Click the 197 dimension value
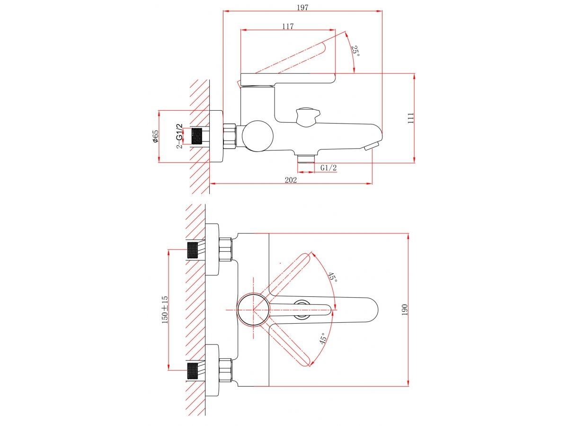[x=302, y=8]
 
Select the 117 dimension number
[x=288, y=27]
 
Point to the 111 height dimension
[x=411, y=118]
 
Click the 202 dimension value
[x=291, y=180]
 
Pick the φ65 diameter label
[x=155, y=136]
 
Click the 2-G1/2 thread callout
[x=179, y=136]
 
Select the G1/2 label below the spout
[x=328, y=168]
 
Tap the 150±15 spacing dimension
[x=165, y=310]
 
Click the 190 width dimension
[x=404, y=310]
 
